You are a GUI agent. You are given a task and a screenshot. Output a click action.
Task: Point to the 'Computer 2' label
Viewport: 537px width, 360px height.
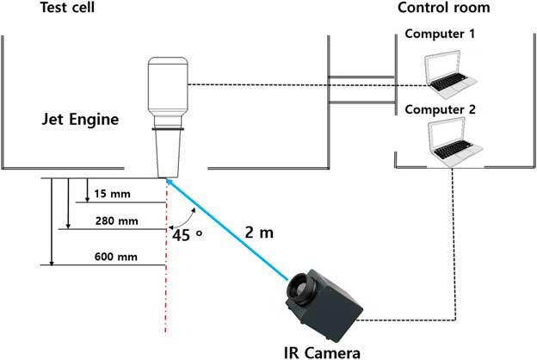pos(439,110)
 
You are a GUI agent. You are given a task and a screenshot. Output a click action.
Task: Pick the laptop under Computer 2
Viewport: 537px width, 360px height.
pos(454,143)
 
